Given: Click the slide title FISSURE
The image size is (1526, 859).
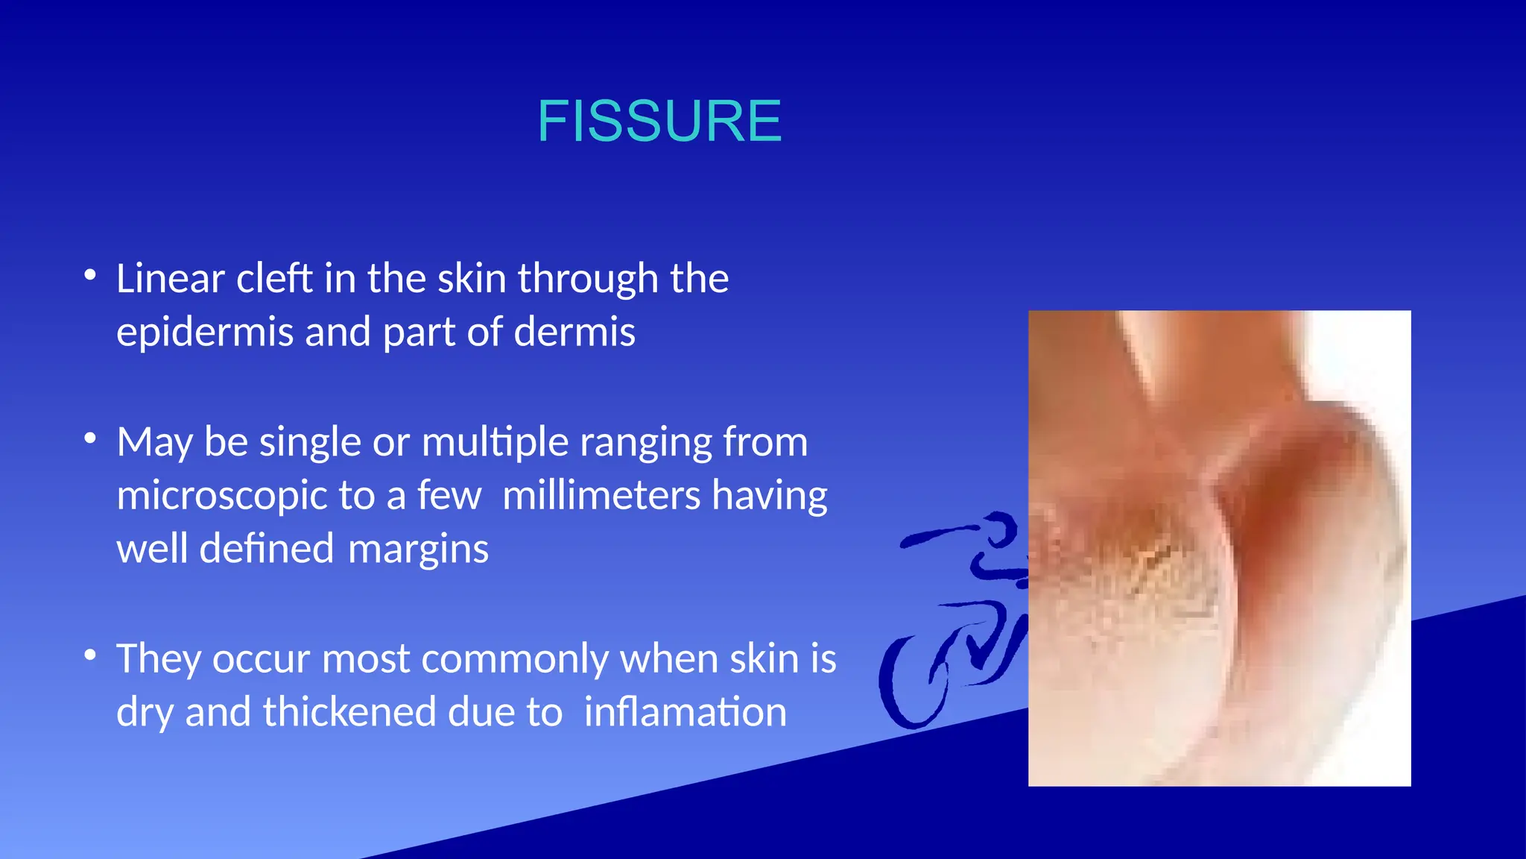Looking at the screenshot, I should (x=659, y=122).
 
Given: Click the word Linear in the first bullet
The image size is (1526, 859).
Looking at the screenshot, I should (x=171, y=279).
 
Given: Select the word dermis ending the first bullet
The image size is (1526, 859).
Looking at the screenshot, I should (x=574, y=333).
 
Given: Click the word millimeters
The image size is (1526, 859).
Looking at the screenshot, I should (x=601, y=497).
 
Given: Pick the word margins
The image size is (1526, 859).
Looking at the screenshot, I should (x=418, y=550).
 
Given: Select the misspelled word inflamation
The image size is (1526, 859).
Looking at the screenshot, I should (x=685, y=713).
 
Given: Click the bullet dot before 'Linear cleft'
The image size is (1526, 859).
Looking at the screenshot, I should (x=90, y=275).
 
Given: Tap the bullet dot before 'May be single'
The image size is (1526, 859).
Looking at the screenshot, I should (x=90, y=439).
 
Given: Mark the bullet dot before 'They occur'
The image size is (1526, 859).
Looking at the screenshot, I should (x=90, y=655).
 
